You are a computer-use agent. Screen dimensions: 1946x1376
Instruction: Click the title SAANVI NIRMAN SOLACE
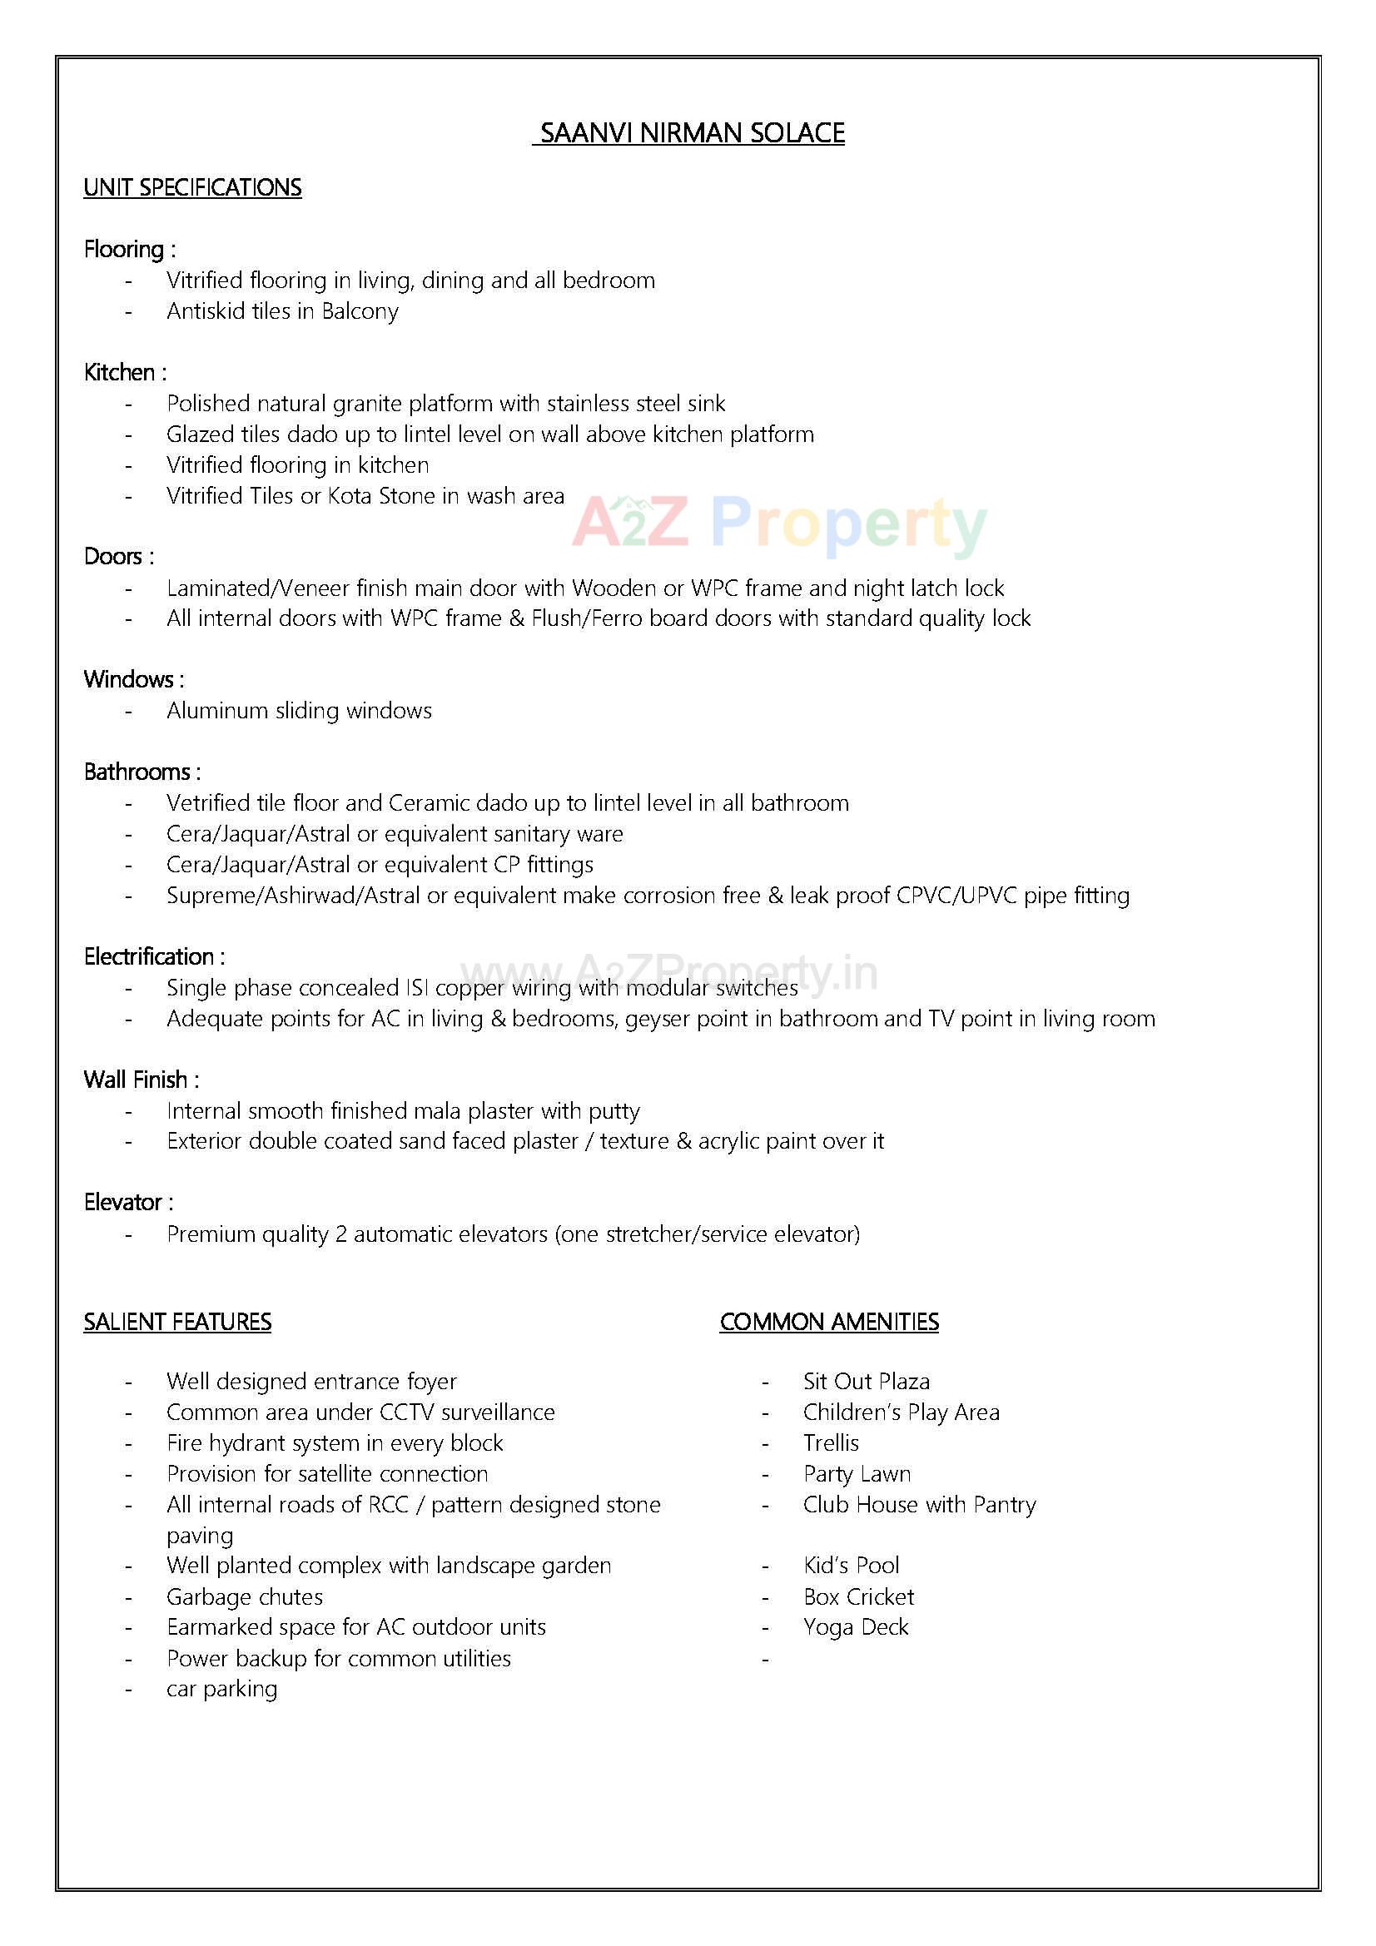coord(691,133)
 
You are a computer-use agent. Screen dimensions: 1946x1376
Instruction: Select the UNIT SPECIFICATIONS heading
coord(192,187)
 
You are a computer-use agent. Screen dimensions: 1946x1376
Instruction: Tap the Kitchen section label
coord(124,372)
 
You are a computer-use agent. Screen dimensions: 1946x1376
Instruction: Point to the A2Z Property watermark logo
coord(779,524)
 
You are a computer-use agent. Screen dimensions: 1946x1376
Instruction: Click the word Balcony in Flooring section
coord(360,311)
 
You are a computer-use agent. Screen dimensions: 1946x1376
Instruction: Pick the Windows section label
coord(133,679)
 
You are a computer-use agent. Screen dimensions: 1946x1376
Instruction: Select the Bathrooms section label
coord(142,772)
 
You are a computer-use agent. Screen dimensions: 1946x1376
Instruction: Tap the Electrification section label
coord(153,957)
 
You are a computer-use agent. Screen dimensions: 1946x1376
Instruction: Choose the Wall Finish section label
coord(141,1080)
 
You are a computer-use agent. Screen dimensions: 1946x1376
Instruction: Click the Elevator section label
coord(128,1203)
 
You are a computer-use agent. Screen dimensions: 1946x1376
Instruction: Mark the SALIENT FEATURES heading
coord(177,1323)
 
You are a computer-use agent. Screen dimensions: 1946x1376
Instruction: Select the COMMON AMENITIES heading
coord(828,1323)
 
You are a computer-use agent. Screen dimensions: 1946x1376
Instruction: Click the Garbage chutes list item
coord(244,1596)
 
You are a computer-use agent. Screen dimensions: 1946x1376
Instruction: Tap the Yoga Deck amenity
coord(856,1627)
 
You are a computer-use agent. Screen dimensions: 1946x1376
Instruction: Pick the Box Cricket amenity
coord(858,1596)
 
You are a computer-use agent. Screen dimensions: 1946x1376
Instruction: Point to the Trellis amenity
coord(831,1442)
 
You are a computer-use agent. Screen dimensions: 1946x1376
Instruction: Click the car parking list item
coord(221,1688)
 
